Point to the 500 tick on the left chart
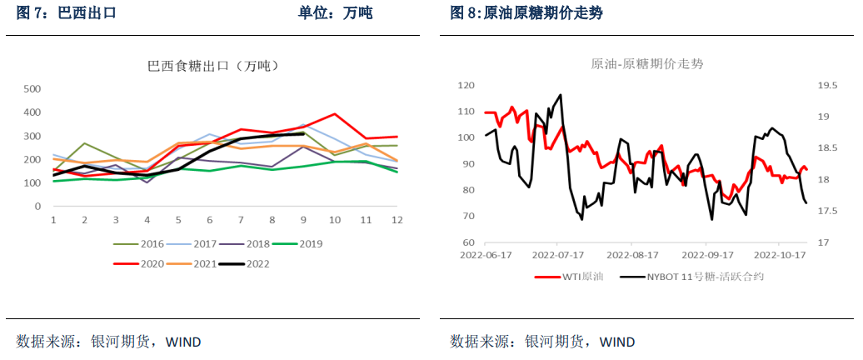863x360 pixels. tap(32, 88)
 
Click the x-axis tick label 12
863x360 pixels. tap(397, 219)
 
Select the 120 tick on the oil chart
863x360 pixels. tap(466, 85)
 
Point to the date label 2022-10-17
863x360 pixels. tap(780, 256)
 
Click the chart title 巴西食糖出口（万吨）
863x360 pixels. tap(212, 66)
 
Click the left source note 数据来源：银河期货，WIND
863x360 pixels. tap(108, 342)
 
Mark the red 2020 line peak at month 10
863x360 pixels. tap(334, 114)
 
